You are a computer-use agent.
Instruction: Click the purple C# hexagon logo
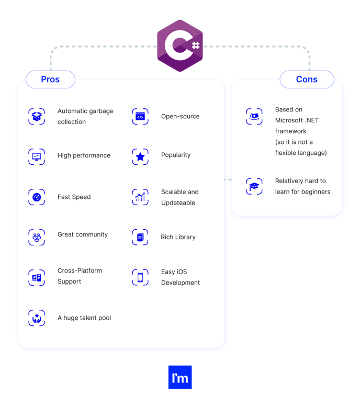[x=180, y=46]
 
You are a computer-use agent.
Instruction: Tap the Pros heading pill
[x=51, y=79]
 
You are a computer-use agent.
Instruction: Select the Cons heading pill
[x=307, y=79]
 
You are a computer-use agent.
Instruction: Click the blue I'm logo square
[x=180, y=377]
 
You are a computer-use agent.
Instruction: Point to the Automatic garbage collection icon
[x=37, y=117]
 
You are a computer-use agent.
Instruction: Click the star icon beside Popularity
[x=140, y=156]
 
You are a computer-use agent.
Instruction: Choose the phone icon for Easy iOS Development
[x=140, y=277]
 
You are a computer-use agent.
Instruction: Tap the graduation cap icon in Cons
[x=254, y=186]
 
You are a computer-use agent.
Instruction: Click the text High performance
[x=84, y=155]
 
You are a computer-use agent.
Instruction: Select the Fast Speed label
[x=74, y=197]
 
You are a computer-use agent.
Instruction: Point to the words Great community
[x=83, y=234]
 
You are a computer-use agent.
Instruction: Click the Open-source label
[x=180, y=116]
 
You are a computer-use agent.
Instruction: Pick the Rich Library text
[x=178, y=237]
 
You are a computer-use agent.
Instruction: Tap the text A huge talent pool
[x=84, y=318]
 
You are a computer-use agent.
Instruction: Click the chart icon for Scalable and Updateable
[x=140, y=197]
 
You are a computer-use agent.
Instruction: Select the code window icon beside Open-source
[x=140, y=117]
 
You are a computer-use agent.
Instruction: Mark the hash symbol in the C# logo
[x=196, y=46]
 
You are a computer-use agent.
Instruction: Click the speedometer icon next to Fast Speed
[x=37, y=197]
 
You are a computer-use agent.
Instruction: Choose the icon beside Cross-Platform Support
[x=37, y=278]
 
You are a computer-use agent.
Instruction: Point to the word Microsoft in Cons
[x=289, y=120]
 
